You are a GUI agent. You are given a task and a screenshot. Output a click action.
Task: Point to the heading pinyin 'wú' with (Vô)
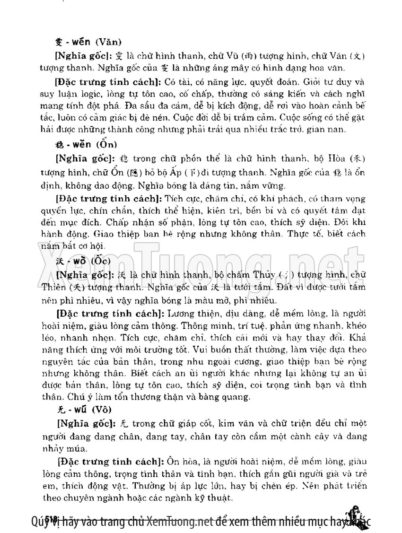(79, 409)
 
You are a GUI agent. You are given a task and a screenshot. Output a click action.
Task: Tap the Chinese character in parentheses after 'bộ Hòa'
(360, 157)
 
